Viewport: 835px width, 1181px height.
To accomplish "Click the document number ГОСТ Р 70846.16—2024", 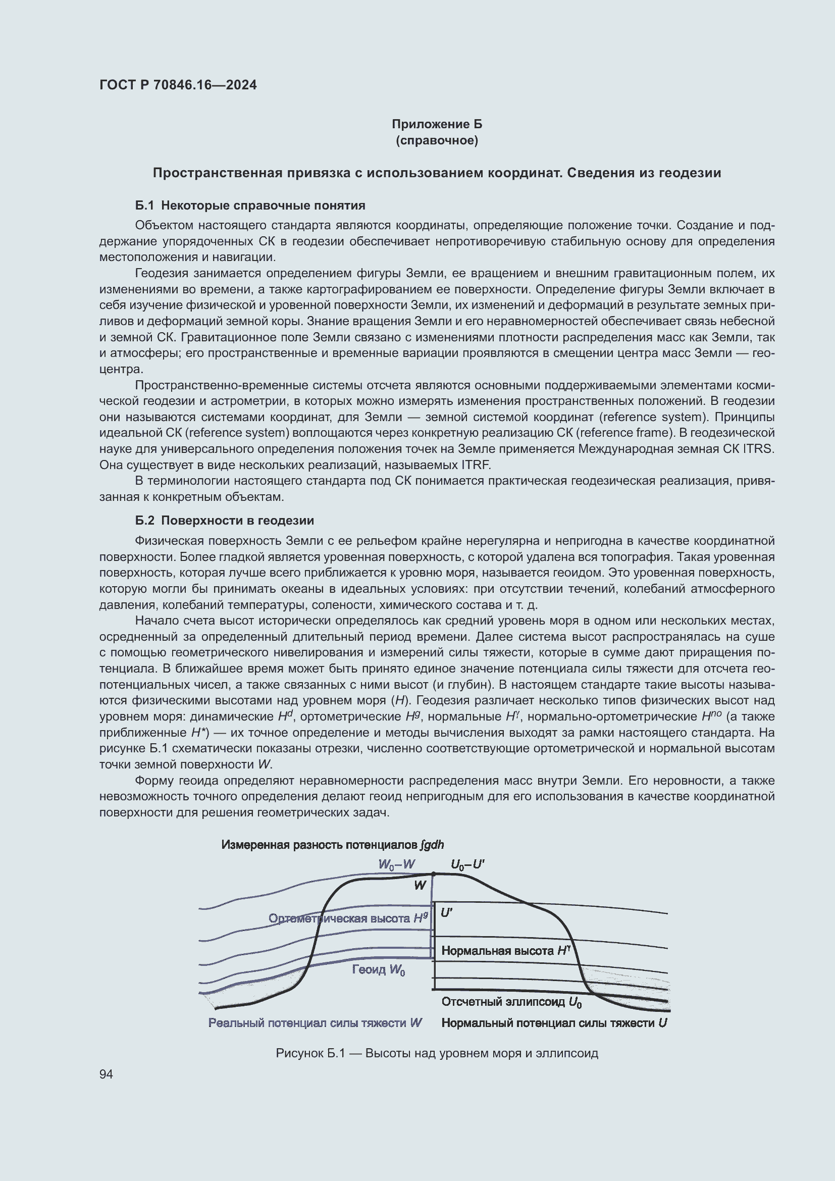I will click(x=178, y=85).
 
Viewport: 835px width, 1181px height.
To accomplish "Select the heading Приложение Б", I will click(x=437, y=124).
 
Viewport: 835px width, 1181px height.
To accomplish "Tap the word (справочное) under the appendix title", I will click(x=437, y=140).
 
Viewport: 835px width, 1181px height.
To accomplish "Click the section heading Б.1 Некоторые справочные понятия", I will click(x=250, y=205).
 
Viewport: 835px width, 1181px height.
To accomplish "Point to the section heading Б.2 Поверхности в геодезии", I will click(x=224, y=520).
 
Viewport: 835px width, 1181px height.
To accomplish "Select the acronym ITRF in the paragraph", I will click(x=476, y=465).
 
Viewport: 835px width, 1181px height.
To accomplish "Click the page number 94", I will click(x=106, y=1074).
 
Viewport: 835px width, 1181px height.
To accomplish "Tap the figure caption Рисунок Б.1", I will click(x=437, y=1053).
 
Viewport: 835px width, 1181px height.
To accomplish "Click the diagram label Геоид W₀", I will click(x=379, y=969).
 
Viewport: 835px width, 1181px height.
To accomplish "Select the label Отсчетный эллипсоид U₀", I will click(x=511, y=1001).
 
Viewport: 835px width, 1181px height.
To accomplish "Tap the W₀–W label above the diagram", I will click(x=396, y=864).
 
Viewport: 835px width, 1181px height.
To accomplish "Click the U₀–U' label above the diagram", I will click(x=467, y=864).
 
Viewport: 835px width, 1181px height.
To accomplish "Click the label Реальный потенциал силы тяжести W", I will click(x=315, y=1022).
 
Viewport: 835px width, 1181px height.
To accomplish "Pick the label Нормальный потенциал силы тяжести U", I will click(x=554, y=1022).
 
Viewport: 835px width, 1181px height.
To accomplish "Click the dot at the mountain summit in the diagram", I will click(x=433, y=874).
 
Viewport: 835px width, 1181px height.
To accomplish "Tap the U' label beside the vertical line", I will click(x=446, y=912).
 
